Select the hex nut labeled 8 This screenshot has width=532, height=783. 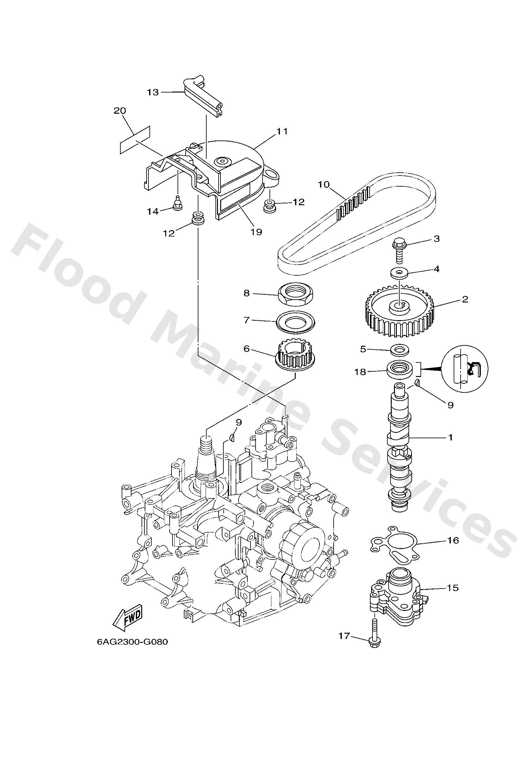pos(297,294)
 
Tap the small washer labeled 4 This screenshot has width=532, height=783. pos(400,272)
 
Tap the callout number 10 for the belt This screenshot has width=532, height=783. pos(323,184)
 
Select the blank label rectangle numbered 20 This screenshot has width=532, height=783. pos(135,140)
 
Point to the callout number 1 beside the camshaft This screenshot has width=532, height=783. pos(450,438)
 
